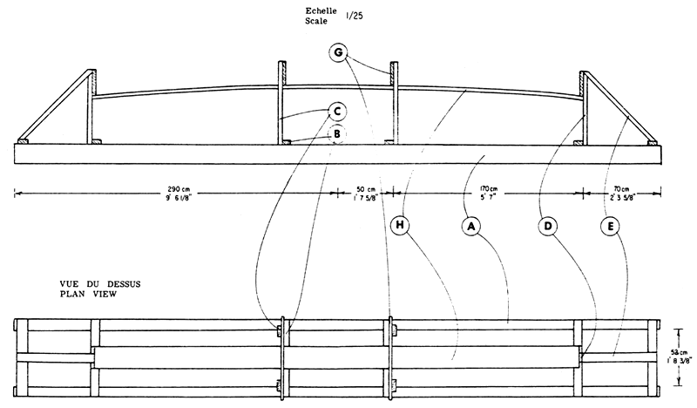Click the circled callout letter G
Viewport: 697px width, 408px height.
(338, 52)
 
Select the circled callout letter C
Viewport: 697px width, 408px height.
(337, 112)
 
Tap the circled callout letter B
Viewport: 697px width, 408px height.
(337, 134)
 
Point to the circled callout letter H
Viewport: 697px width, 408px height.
(400, 225)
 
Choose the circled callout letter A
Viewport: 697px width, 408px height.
(471, 227)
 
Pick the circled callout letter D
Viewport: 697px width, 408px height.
(548, 226)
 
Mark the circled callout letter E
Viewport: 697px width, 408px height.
(611, 227)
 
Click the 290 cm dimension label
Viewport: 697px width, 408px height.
(179, 189)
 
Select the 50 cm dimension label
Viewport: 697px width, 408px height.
(366, 189)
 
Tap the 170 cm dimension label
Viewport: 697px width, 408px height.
(489, 189)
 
